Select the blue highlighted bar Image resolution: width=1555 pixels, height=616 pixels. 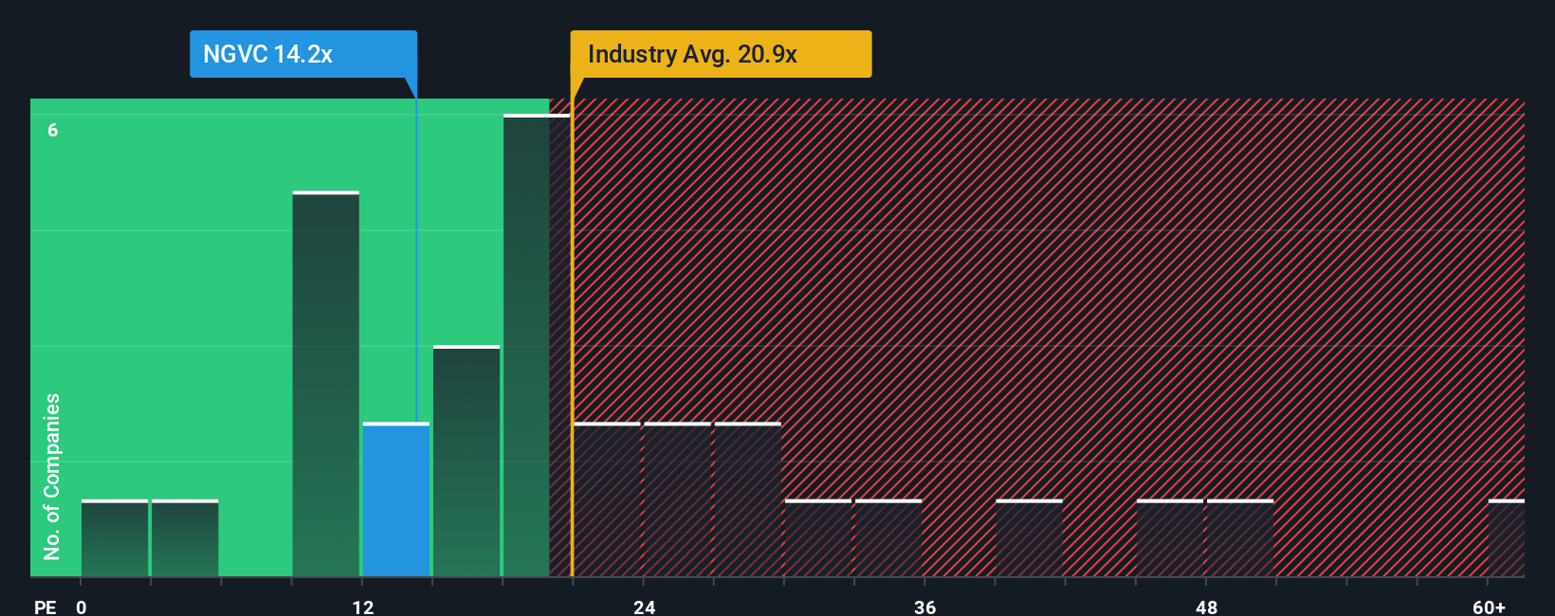396,499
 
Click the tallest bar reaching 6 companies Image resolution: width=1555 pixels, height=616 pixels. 536,346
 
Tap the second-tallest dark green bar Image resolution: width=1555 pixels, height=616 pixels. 325,384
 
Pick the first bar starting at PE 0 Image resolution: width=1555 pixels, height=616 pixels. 115,538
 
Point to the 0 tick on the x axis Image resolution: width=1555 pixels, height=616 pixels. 82,607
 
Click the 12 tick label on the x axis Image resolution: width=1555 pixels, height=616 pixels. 363,607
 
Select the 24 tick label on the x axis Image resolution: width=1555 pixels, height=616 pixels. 645,607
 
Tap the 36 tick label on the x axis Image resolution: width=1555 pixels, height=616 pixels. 925,607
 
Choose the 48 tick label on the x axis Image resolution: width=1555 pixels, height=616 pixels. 1206,607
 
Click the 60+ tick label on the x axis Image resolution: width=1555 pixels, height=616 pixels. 1489,607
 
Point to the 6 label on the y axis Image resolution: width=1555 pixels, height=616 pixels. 53,130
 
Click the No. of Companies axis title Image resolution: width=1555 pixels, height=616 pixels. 52,476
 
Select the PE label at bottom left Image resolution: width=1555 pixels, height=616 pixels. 45,607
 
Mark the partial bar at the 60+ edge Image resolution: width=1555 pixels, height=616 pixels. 1506,538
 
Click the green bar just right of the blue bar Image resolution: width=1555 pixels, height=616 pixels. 466,462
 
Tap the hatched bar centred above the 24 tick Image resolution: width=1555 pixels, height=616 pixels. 677,499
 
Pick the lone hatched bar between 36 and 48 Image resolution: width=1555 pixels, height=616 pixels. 1029,538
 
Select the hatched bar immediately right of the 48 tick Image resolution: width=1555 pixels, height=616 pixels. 1239,538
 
